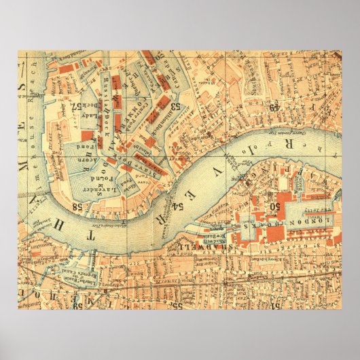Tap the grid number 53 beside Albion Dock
coord(176,106)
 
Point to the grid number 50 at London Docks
coord(276,205)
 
